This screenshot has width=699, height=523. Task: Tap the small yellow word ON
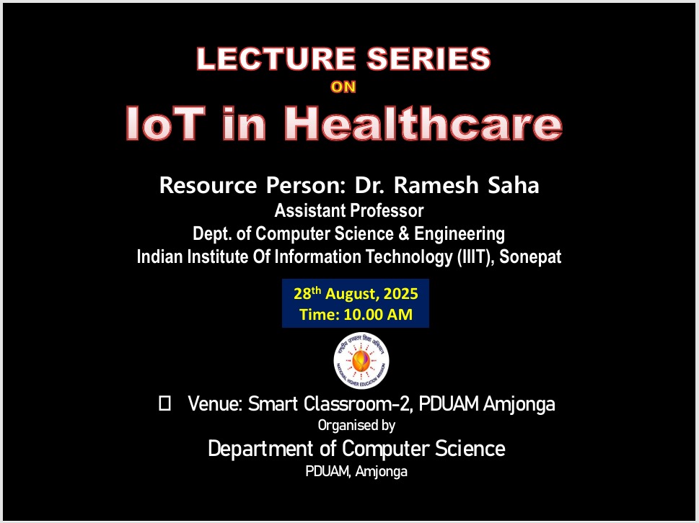tap(343, 88)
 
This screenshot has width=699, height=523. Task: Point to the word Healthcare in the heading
tap(424, 123)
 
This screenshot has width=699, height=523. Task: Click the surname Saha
tap(514, 186)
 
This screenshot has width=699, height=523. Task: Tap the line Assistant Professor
tap(348, 211)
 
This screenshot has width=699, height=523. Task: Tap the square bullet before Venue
tap(164, 404)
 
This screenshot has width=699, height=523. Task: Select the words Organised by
tap(356, 426)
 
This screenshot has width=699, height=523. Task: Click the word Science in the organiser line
tap(470, 449)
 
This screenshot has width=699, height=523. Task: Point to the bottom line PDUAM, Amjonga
tap(356, 472)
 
